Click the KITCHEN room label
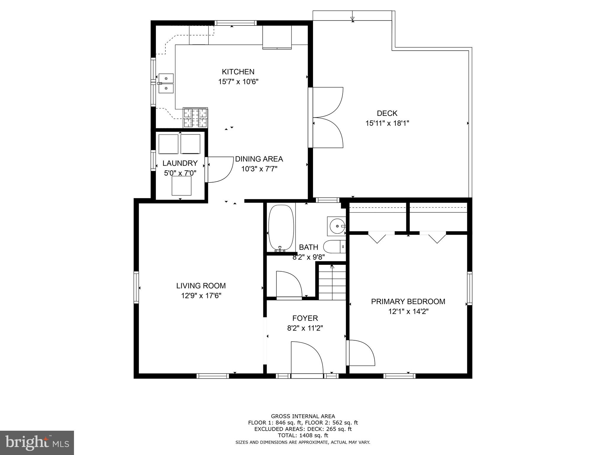pyautogui.click(x=238, y=72)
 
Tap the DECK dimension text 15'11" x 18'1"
pyautogui.click(x=387, y=123)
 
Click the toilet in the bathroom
pyautogui.click(x=334, y=246)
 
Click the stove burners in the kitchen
pyautogui.click(x=195, y=117)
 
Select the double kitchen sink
pyautogui.click(x=166, y=83)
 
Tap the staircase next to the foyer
pyautogui.click(x=332, y=283)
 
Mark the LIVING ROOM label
pyautogui.click(x=201, y=286)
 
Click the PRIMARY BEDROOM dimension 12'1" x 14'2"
pyautogui.click(x=408, y=312)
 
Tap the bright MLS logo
pyautogui.click(x=37, y=443)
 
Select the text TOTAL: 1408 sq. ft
pyautogui.click(x=303, y=435)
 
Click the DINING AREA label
pyautogui.click(x=259, y=159)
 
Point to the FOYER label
pyautogui.click(x=305, y=318)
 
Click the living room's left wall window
pyautogui.click(x=136, y=287)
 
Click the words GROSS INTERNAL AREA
pyautogui.click(x=303, y=416)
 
